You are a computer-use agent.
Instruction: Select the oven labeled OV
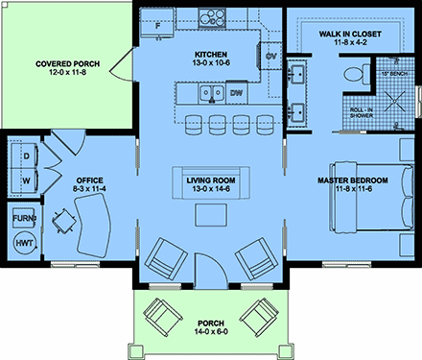point(270,56)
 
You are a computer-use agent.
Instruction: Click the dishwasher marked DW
point(235,93)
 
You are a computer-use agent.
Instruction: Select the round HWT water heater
point(24,244)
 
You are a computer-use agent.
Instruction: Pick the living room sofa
point(209,182)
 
